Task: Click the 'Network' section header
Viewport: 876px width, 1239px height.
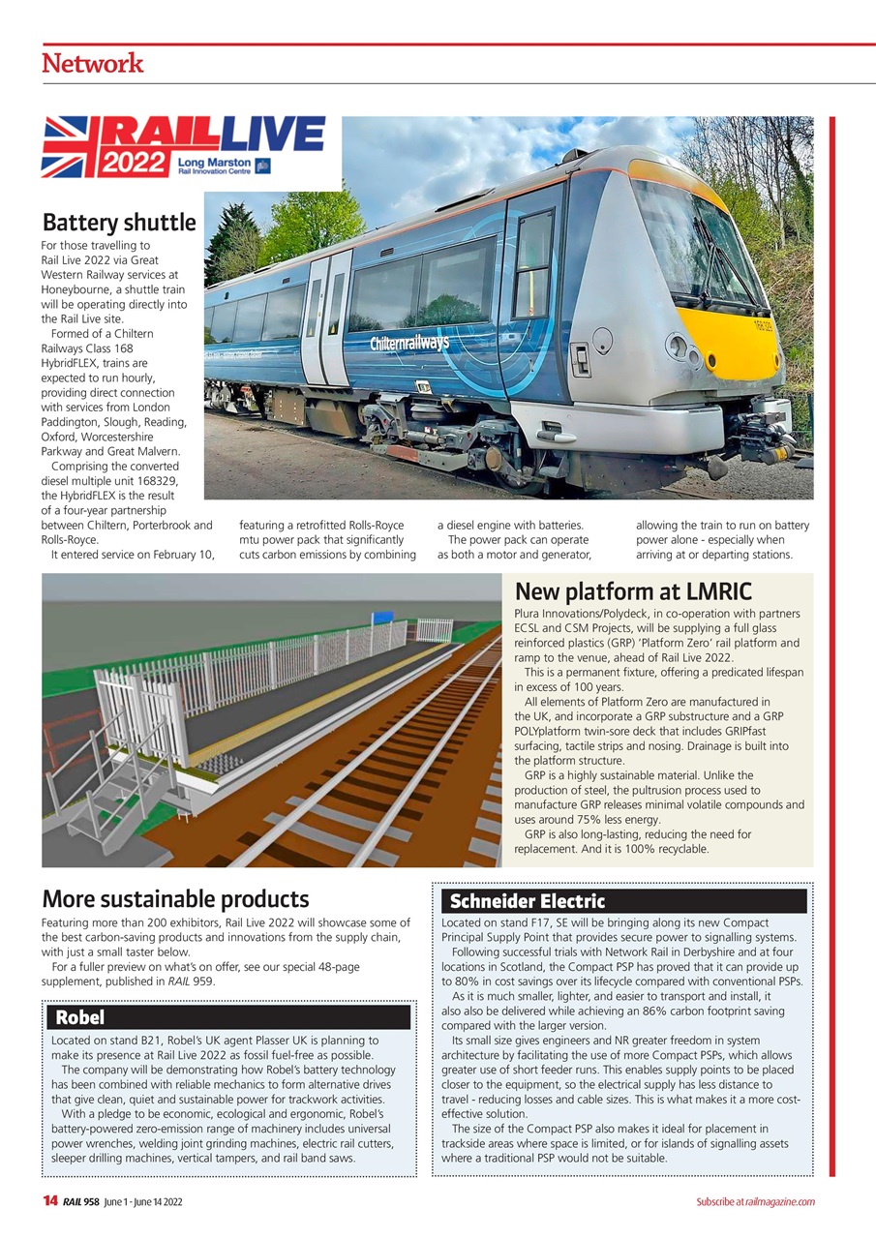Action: point(93,64)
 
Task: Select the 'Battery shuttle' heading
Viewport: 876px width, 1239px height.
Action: point(119,223)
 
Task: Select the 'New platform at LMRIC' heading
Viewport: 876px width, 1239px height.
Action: point(633,591)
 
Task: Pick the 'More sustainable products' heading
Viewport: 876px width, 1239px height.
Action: point(175,899)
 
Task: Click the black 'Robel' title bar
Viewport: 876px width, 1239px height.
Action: point(229,1017)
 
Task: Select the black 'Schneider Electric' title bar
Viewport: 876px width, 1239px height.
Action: point(623,902)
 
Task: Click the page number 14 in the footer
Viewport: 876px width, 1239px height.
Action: point(50,1201)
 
